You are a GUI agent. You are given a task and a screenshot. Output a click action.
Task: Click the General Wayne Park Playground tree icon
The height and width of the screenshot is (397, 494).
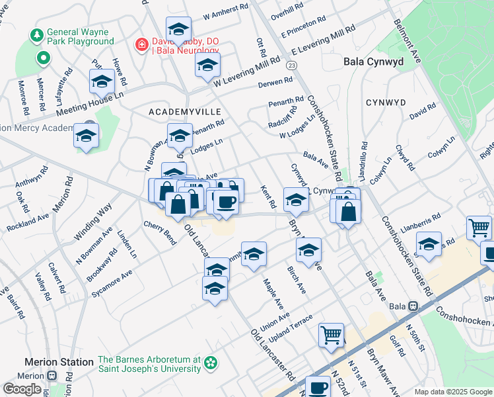point(37,34)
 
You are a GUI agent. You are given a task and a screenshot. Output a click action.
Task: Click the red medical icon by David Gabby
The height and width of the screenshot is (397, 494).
point(141,45)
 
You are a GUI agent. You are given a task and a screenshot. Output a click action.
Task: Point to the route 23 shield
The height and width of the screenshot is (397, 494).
point(292,65)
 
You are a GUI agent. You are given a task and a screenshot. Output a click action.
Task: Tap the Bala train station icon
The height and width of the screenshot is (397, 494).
point(414,306)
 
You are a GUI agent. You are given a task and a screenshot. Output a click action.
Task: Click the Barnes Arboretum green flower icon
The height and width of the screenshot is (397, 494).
point(211,363)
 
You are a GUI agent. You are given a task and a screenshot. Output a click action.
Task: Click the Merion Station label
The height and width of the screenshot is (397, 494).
point(59,362)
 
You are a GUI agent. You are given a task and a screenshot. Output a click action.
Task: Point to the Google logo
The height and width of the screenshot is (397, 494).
point(22,388)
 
